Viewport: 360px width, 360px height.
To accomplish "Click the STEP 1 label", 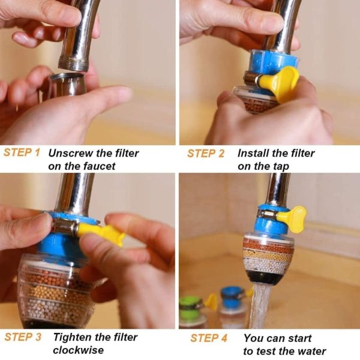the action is coord(22,152).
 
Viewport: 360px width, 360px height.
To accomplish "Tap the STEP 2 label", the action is coord(205,154).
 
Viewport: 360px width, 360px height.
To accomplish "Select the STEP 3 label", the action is coord(23,337).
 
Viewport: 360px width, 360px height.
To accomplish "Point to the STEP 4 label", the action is coord(209,338).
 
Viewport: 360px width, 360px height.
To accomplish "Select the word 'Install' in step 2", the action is coord(251,153).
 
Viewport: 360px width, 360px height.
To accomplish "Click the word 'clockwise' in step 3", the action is coord(78,350).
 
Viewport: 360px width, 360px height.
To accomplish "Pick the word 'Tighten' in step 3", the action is coord(73,337).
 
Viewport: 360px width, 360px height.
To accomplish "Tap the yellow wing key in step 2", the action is coord(287,83).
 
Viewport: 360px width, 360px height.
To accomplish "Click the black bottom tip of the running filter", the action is coord(268,278).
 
